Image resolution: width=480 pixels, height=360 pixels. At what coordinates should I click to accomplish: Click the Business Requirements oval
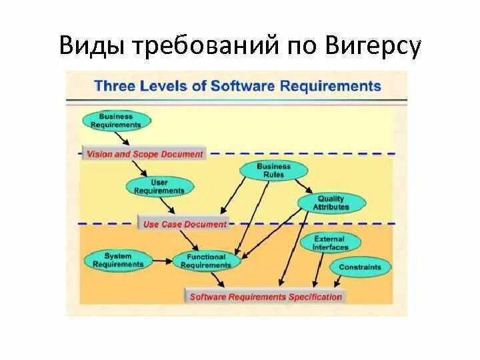click(116, 120)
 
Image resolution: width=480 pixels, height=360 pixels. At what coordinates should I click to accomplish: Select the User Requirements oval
click(159, 186)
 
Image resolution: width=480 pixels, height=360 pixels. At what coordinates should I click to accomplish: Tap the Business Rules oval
click(273, 171)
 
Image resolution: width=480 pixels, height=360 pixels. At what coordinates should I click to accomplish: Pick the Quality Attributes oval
click(331, 203)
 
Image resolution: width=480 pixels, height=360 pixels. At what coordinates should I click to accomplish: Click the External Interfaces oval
click(330, 243)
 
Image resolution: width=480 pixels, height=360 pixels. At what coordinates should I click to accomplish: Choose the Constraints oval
click(360, 267)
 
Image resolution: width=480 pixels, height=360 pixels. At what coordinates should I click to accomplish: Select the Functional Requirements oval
click(205, 261)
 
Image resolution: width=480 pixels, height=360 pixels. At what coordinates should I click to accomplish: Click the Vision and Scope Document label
click(145, 154)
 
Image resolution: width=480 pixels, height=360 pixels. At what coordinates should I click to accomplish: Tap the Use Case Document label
click(185, 225)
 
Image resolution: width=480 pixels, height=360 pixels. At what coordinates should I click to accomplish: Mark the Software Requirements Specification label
click(265, 297)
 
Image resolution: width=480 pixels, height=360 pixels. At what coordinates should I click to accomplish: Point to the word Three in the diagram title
click(117, 86)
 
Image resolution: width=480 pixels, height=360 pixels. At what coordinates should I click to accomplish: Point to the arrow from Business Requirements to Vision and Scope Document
click(123, 137)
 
